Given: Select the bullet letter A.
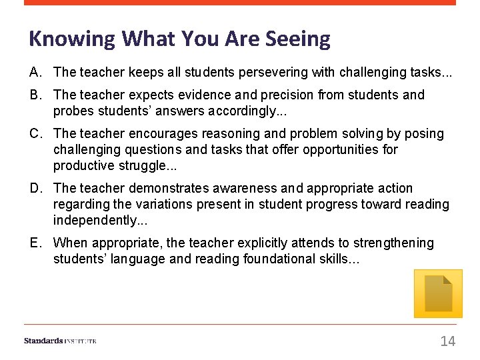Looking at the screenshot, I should click(x=35, y=71).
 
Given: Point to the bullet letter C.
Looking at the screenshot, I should click(x=35, y=133).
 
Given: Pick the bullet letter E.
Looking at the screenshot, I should click(x=35, y=243).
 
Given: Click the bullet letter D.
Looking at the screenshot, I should click(x=35, y=188).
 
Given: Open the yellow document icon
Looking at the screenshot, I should click(x=438, y=293).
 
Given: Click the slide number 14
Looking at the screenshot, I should click(x=447, y=341).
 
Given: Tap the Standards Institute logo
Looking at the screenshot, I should click(x=60, y=341).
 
